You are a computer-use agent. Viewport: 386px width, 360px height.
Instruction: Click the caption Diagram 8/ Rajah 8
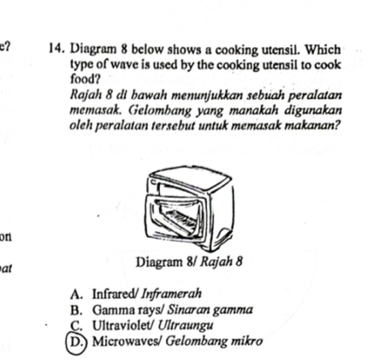click(183, 261)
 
